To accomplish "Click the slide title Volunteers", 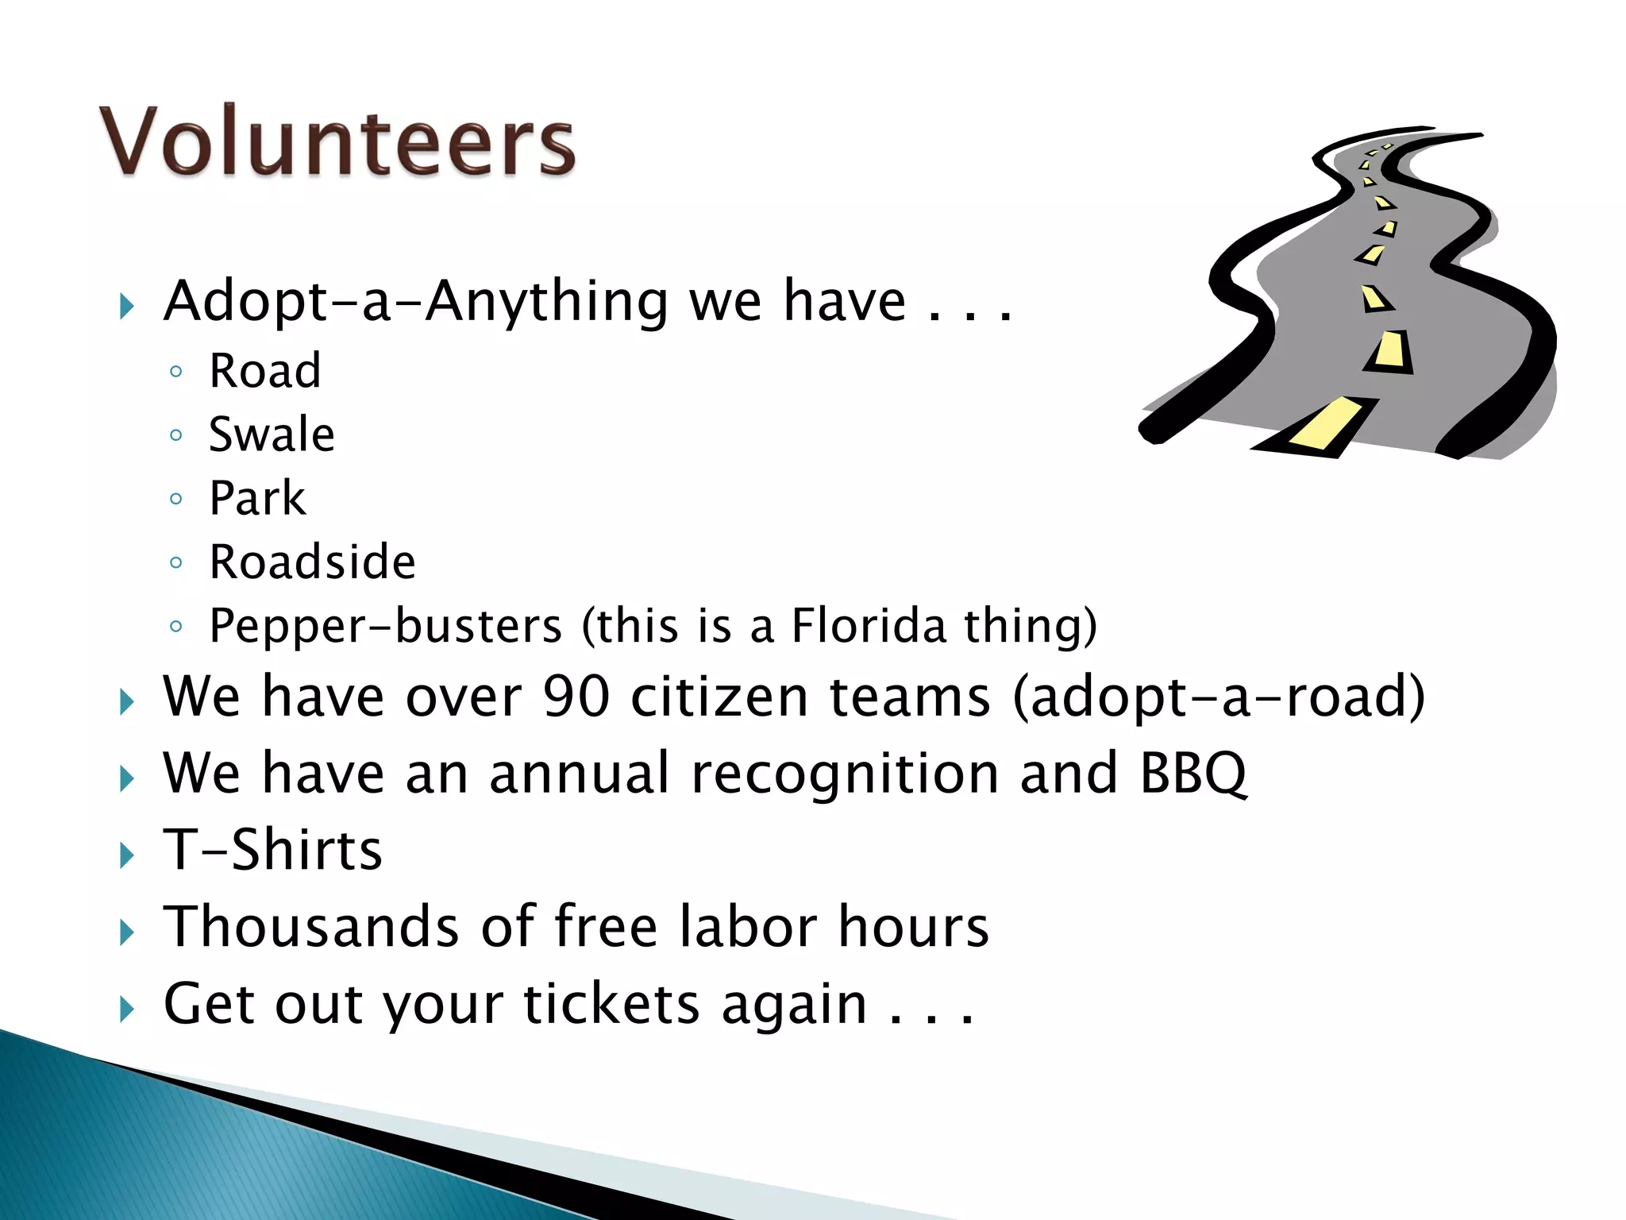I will click(337, 141).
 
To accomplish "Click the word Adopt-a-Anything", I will click(416, 302).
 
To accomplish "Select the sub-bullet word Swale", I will click(272, 435).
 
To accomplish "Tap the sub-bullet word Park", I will click(257, 499).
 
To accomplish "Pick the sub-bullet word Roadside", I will click(312, 562).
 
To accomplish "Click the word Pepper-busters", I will click(386, 626).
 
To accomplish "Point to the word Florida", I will click(869, 625).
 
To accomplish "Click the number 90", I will click(576, 697).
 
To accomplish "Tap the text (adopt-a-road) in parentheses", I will click(1219, 697).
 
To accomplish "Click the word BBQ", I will click(1193, 773).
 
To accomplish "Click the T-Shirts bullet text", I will click(272, 850).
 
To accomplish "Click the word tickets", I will click(611, 1004).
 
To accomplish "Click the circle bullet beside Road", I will click(176, 372).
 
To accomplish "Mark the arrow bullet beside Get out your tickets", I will click(127, 1010).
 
